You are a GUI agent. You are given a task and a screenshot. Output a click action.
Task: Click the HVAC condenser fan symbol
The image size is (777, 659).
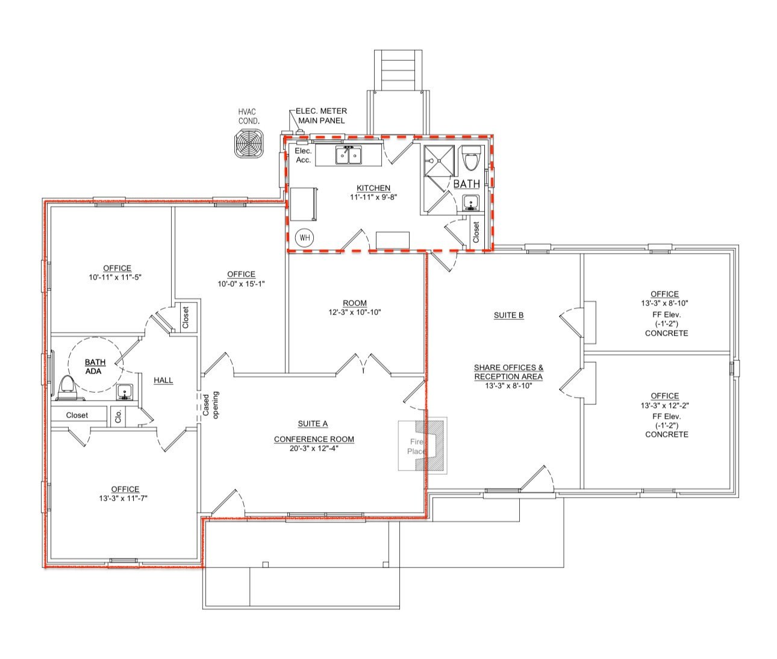(249, 143)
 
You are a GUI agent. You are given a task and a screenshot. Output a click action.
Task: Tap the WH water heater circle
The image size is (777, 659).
(305, 237)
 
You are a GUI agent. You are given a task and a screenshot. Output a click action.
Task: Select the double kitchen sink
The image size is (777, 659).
(349, 155)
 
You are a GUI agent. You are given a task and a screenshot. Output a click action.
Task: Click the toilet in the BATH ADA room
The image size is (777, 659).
(68, 387)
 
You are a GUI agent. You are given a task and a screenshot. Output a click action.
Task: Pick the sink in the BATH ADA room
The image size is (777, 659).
(124, 392)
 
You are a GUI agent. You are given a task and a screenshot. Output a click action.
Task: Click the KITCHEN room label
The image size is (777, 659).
(373, 188)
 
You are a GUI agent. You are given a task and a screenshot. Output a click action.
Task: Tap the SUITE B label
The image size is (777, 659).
(508, 315)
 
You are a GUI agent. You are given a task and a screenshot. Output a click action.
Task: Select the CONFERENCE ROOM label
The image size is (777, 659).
(314, 439)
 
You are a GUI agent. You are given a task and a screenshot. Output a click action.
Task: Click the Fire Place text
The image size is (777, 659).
(416, 446)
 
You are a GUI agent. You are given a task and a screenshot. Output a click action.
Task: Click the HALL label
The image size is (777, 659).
(163, 381)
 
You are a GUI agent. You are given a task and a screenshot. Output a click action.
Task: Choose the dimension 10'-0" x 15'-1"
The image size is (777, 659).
(242, 284)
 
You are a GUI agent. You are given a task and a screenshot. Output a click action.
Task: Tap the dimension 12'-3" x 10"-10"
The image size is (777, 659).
(355, 312)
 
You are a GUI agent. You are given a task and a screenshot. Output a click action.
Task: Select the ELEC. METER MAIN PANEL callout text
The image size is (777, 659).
(322, 116)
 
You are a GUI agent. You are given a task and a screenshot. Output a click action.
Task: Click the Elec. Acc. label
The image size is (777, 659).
(304, 155)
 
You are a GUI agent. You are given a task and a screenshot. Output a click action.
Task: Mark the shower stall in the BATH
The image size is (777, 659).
(439, 160)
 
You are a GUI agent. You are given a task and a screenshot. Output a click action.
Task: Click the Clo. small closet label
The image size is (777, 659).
(119, 416)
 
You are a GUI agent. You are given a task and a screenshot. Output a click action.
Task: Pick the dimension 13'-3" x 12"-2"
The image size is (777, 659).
(664, 405)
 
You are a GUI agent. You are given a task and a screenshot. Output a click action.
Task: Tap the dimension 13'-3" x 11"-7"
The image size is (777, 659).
(123, 498)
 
